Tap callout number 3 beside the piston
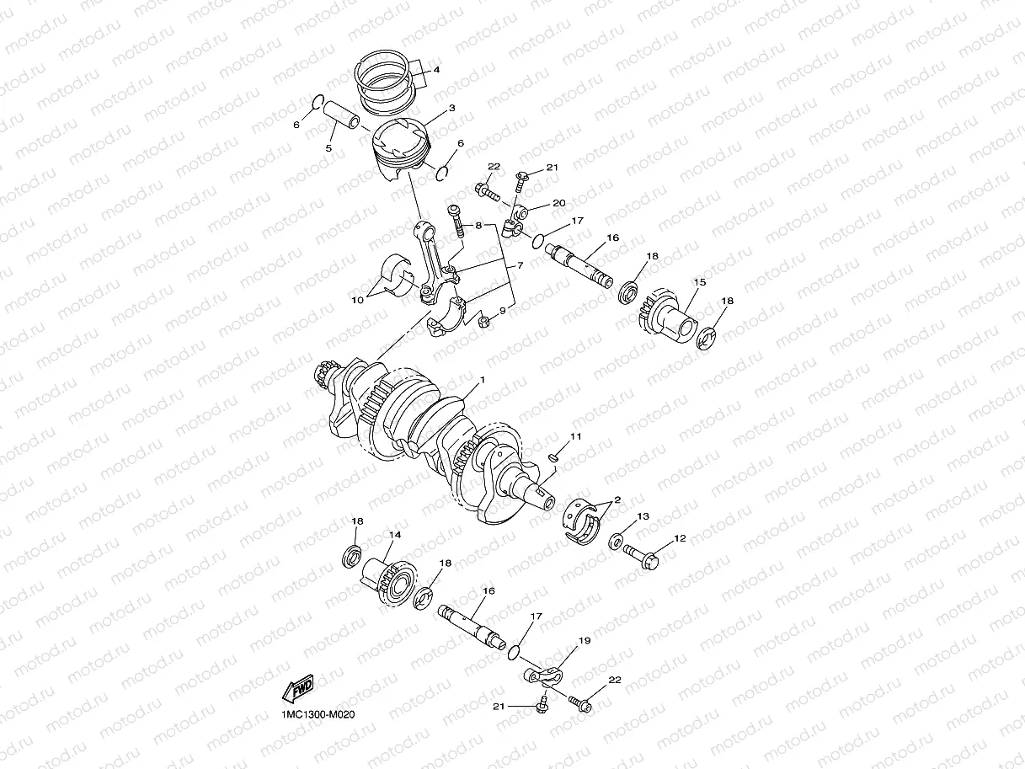[451, 109]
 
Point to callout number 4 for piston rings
[436, 71]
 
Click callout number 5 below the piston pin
[329, 148]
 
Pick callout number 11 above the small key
[575, 436]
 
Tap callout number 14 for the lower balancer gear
[394, 535]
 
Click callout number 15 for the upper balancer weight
[699, 281]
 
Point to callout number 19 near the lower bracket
[585, 641]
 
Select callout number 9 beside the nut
[502, 311]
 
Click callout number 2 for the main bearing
[617, 499]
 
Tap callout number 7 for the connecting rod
[520, 266]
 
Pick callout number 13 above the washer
[643, 516]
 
